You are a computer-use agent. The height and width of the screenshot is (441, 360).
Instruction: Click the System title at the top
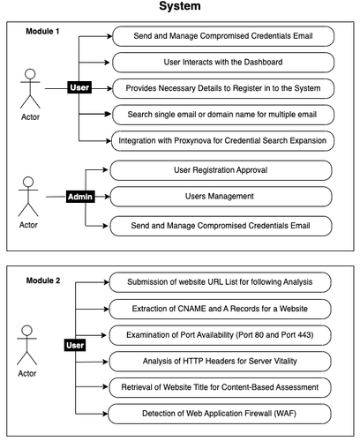(x=180, y=6)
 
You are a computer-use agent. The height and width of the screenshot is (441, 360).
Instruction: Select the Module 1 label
(x=42, y=31)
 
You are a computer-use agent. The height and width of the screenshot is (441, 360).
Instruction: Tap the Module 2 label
(x=43, y=280)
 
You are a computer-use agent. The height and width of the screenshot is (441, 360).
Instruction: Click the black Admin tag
(x=80, y=197)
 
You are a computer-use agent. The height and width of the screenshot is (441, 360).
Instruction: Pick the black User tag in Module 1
(x=79, y=87)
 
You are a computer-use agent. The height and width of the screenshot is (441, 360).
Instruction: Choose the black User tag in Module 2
(x=75, y=345)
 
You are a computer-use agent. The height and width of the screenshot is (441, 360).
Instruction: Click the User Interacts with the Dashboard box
(x=223, y=63)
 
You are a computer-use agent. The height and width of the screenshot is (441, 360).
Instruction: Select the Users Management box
(x=221, y=197)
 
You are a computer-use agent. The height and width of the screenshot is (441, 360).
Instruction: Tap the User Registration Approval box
(x=221, y=170)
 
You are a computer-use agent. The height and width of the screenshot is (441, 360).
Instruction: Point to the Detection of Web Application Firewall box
(x=220, y=414)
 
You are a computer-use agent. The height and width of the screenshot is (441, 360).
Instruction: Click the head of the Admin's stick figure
(x=28, y=182)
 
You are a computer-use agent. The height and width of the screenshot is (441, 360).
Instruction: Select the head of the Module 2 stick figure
(x=27, y=330)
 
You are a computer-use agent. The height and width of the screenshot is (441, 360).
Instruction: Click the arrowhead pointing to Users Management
(x=107, y=197)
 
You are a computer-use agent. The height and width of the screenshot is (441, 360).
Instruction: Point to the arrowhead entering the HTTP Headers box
(x=105, y=362)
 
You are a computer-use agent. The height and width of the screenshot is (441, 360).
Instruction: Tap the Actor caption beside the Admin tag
(x=28, y=225)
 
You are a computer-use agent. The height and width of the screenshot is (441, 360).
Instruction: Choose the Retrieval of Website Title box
(x=220, y=387)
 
